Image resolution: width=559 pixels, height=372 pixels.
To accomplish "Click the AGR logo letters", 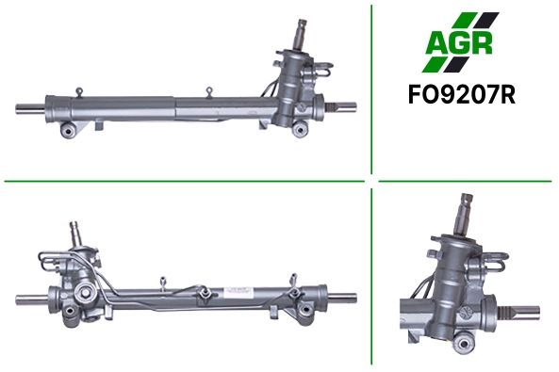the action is tap(459, 42).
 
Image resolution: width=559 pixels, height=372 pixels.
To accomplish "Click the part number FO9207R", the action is tap(461, 95).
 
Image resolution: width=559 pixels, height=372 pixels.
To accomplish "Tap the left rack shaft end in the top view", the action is tap(30, 108).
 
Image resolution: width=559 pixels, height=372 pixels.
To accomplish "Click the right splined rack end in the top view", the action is tap(341, 106).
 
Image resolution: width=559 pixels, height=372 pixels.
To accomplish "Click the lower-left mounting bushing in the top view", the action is tap(68, 130).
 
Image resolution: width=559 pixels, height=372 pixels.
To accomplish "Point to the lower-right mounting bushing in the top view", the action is tap(300, 129).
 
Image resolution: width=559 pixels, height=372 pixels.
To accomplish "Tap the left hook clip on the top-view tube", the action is tap(79, 91).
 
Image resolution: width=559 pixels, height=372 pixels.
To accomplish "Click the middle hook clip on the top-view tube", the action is tap(209, 91).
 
